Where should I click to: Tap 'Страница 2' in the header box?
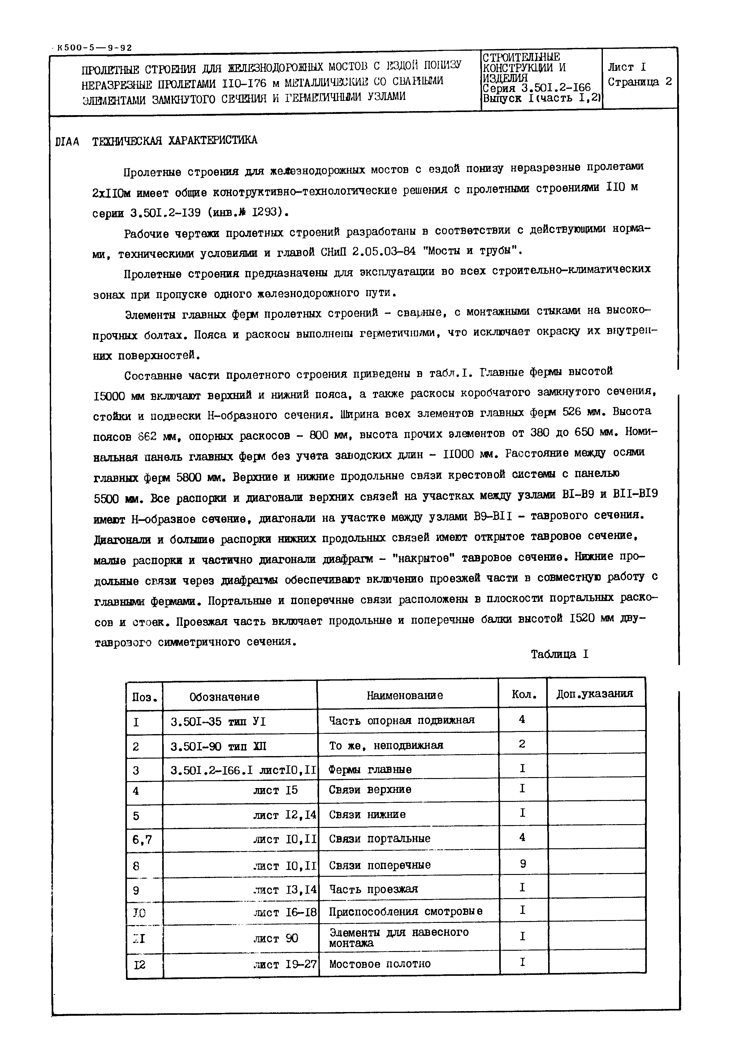(x=640, y=82)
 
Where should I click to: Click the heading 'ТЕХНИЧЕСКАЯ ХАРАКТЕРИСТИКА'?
(x=175, y=141)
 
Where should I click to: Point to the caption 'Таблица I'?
(x=559, y=655)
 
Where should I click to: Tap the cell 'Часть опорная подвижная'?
(x=402, y=720)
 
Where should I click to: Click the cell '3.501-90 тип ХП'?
(x=218, y=747)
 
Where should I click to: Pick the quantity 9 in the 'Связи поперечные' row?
(x=523, y=863)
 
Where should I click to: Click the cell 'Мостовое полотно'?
(x=380, y=964)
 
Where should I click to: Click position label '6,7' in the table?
(x=141, y=840)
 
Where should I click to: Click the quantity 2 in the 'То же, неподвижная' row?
(x=522, y=744)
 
